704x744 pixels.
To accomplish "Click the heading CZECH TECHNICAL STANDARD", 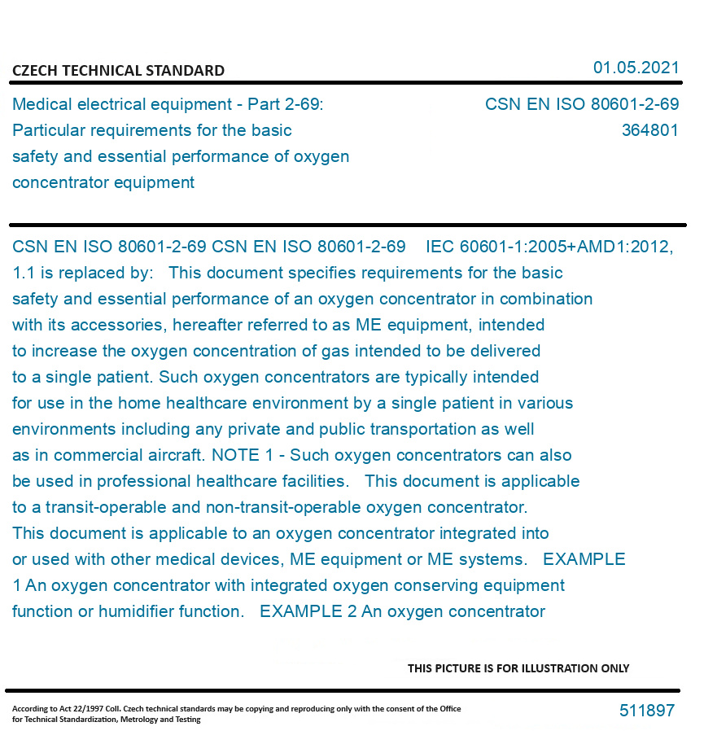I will point(118,71).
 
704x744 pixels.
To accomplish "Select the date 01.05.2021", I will point(636,68).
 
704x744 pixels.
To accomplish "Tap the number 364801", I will point(649,130).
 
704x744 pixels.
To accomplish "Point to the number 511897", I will point(647,711).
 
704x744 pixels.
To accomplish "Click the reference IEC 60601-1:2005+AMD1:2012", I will point(549,247).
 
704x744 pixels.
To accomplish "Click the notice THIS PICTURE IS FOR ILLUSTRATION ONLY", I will point(518,668).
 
